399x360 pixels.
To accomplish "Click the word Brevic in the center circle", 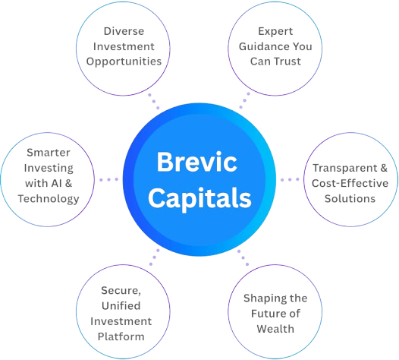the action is coord(197,162).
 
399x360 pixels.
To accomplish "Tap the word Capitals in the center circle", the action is coord(199,198).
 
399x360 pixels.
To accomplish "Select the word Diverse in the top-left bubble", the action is coord(124,31).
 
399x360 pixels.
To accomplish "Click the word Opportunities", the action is coord(124,62).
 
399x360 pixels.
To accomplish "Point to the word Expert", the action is coord(275,32).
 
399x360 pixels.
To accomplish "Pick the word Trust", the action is coord(287,62).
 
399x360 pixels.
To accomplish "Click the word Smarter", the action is coord(49,153).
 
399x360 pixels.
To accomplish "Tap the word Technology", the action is coord(49,199).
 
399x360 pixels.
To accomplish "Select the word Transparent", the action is coord(345,168).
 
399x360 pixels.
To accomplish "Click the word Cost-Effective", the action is coord(350,183).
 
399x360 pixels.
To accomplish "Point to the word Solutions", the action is coord(350,198).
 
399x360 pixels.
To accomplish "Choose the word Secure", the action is coord(121,291).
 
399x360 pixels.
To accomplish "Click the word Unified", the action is coord(121,306).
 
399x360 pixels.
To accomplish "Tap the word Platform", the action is coord(121,336).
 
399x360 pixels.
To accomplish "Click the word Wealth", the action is coord(275,329).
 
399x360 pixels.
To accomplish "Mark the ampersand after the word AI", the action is coord(69,183).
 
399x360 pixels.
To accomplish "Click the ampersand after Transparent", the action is coord(384,168).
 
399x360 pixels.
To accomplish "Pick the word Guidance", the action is coord(264,46).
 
